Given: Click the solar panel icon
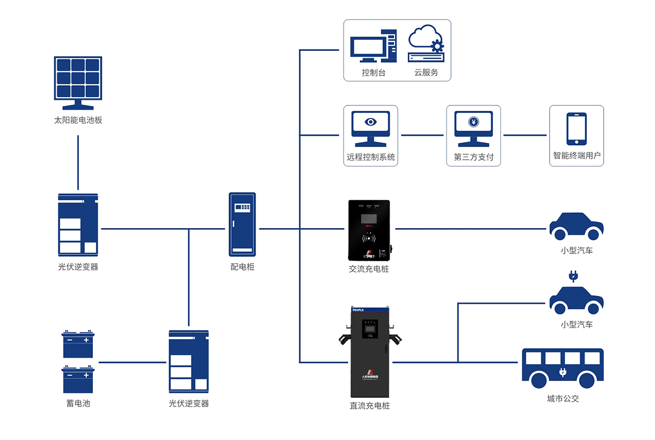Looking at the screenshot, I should coord(78,82).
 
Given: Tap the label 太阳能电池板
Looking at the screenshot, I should coord(78,120).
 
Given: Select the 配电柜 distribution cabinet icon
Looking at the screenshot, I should coord(242,224).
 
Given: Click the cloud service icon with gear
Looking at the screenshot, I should coord(426,44).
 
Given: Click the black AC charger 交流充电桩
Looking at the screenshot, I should coord(371,230).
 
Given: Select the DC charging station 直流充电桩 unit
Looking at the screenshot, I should coord(371,352).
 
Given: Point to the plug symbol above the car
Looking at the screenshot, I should coord(573,276).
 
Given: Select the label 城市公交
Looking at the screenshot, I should coord(563,399).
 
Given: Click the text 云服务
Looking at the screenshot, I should coord(426,72).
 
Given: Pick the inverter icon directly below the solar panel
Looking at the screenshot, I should coord(78,224).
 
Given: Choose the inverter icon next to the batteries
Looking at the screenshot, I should coord(189,361).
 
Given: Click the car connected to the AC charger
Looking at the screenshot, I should coord(576,227).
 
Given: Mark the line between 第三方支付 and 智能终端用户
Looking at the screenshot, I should coord(525,135).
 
